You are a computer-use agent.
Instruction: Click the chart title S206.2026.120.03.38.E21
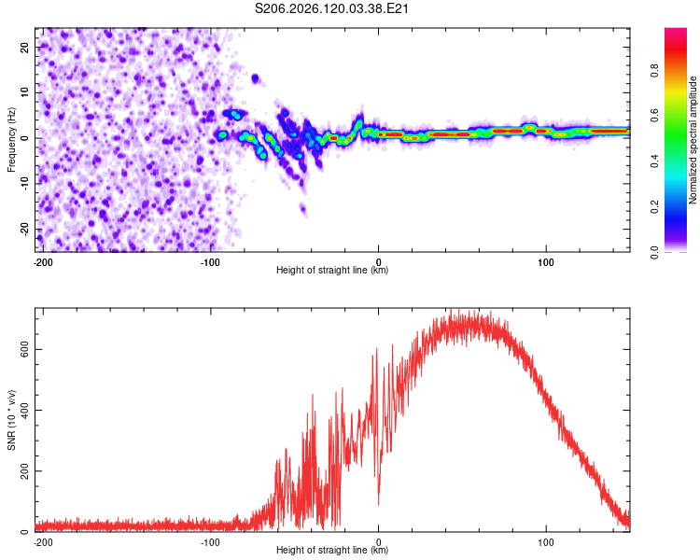tap(331, 8)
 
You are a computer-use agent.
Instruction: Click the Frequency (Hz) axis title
tap(11, 140)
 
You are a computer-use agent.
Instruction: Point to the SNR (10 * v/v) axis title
tap(11, 420)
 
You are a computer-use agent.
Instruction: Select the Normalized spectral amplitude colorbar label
tap(693, 140)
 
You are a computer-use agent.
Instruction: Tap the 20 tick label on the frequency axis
tap(25, 47)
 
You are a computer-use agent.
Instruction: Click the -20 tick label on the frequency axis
tap(25, 230)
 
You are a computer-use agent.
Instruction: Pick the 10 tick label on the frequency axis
tap(25, 92)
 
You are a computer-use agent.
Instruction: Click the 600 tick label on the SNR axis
tap(25, 349)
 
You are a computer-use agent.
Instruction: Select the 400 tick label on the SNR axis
tap(25, 410)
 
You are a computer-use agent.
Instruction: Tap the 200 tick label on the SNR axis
tap(25, 470)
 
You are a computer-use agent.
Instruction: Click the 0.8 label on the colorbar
tap(654, 70)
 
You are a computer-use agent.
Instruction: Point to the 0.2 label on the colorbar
tap(654, 206)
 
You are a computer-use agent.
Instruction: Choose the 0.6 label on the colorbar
tap(654, 116)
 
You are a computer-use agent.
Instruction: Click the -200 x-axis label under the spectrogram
tap(43, 262)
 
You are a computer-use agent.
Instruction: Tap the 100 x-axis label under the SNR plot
tap(546, 542)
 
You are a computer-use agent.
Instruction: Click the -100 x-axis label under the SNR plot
tap(210, 542)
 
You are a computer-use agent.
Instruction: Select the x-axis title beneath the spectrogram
tap(332, 270)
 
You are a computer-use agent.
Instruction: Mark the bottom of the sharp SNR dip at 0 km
tap(379, 505)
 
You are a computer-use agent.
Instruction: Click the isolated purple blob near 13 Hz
tap(255, 79)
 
